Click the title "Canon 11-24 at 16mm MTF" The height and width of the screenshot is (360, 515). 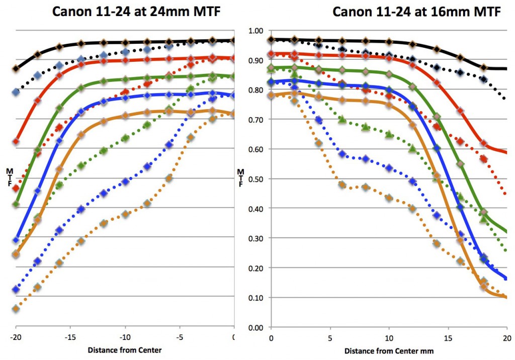click(x=416, y=12)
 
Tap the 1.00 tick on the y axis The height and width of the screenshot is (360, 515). click(x=256, y=31)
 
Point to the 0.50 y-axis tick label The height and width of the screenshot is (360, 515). click(x=256, y=179)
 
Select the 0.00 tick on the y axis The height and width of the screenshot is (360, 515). click(x=256, y=327)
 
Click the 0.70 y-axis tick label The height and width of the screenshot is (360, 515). click(x=256, y=120)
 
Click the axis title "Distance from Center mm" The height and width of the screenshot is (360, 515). click(x=389, y=350)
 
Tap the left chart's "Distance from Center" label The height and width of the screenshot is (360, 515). click(x=125, y=350)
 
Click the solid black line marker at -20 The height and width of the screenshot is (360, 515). click(x=16, y=68)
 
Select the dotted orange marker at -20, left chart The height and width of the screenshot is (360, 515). click(x=16, y=309)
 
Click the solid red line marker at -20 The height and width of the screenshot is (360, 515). click(x=16, y=141)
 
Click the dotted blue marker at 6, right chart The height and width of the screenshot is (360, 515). click(x=342, y=154)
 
